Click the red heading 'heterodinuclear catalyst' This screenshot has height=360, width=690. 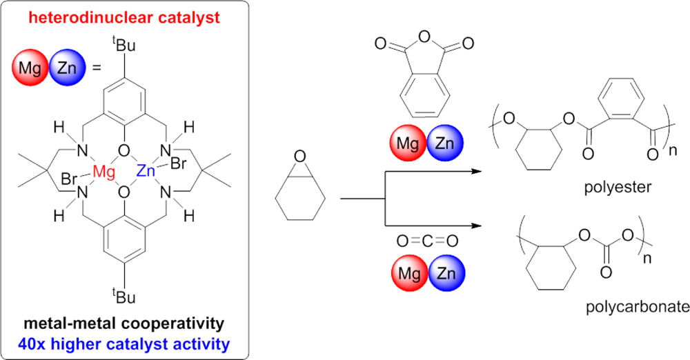[124, 18]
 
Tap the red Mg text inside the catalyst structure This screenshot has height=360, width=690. [104, 172]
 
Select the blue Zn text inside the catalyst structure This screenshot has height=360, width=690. [146, 170]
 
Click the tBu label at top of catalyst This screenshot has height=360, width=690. [124, 46]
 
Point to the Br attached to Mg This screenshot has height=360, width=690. [70, 179]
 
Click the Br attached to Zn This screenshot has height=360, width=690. [178, 163]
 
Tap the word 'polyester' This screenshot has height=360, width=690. [618, 188]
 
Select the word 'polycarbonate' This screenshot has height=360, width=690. [637, 307]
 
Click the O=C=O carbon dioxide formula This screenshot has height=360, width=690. [427, 241]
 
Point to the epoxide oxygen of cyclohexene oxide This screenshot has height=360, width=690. [300, 157]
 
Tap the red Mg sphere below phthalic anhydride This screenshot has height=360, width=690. [408, 143]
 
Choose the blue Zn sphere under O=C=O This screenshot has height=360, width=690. [446, 273]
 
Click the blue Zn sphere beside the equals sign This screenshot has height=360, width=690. [67, 68]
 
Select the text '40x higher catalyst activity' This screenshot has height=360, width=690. [124, 343]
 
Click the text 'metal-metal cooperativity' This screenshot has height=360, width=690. [124, 323]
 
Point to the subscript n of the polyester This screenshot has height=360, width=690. [673, 151]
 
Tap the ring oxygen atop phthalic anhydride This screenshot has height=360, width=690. [424, 37]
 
